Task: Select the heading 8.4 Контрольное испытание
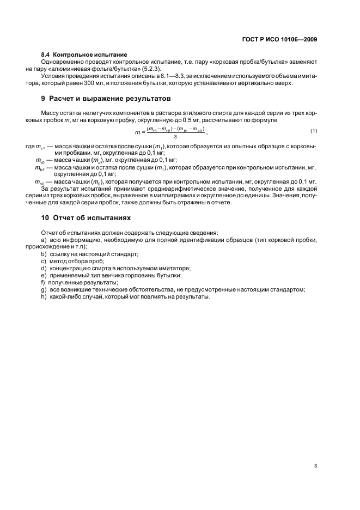click(x=84, y=54)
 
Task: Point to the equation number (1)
click(x=314, y=131)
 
